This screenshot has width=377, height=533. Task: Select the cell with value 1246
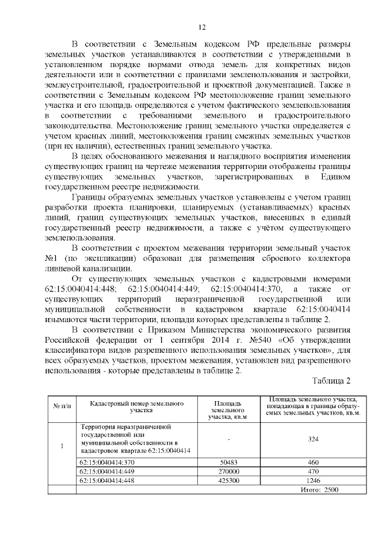click(313, 481)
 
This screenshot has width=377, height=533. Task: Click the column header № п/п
click(62, 406)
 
